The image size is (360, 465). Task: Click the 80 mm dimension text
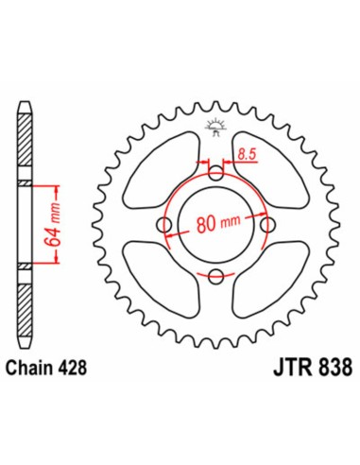point(216,225)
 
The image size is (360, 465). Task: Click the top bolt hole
point(216,173)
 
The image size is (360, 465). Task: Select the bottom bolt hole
point(216,275)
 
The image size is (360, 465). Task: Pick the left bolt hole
point(165,224)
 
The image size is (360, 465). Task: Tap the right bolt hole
point(267,224)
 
